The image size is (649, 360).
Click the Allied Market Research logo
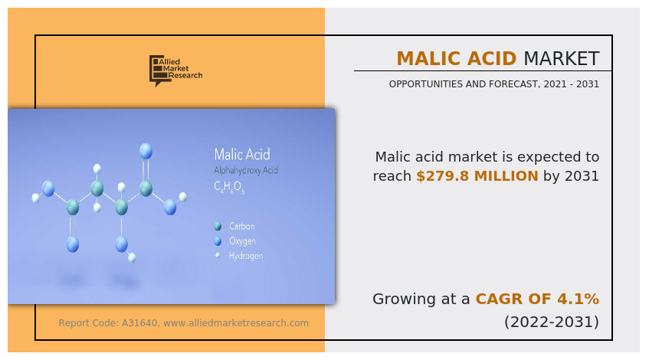pos(175,70)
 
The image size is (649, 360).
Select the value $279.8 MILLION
pos(477,176)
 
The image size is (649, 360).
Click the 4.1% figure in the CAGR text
pos(581,299)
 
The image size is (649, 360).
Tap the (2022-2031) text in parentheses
pos(551,322)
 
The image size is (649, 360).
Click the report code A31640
pos(140,323)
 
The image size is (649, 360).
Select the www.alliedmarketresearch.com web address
pos(236,323)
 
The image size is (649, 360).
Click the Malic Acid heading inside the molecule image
pos(241,154)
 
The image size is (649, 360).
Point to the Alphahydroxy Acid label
pos(245,170)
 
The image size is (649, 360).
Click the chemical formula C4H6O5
pos(229,187)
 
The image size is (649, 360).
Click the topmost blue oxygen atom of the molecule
pos(146,150)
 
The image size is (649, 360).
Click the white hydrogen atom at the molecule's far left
pos(35,198)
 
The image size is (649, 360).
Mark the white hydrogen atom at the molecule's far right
pos(183,197)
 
